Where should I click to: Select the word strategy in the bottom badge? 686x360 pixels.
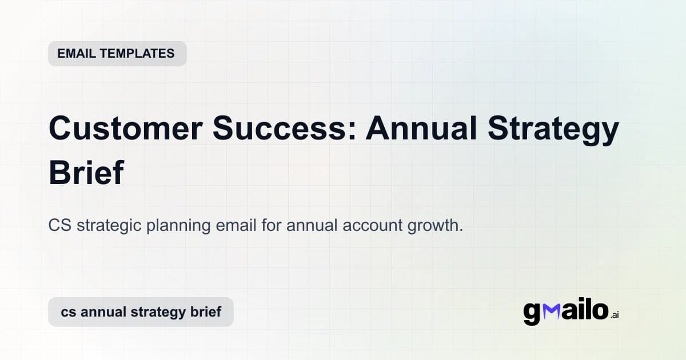tap(152, 313)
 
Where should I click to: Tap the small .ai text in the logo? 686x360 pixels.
tap(615, 315)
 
